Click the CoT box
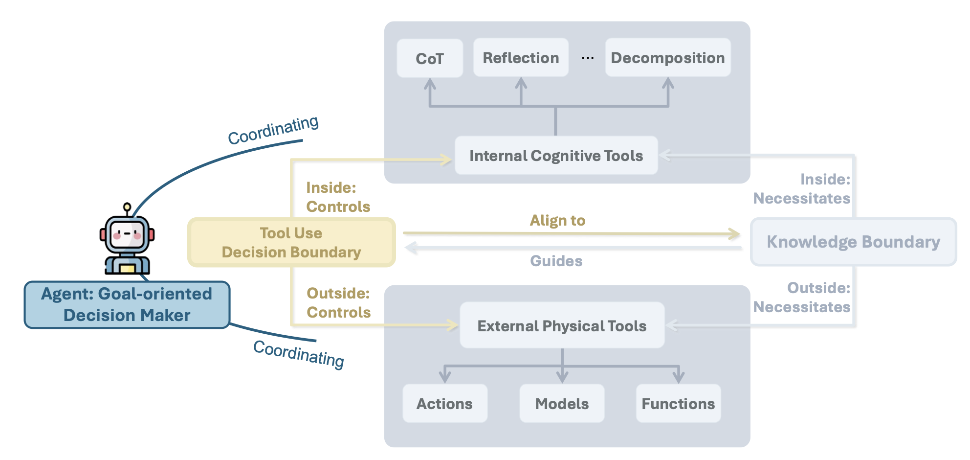pyautogui.click(x=430, y=58)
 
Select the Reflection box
pyautogui.click(x=521, y=58)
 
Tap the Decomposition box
pyautogui.click(x=668, y=58)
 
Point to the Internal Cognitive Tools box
pyautogui.click(x=556, y=156)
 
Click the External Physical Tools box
pyautogui.click(x=562, y=325)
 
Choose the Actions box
pyautogui.click(x=444, y=403)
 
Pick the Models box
pyautogui.click(x=562, y=403)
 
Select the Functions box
pyautogui.click(x=678, y=403)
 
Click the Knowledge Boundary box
pyautogui.click(x=853, y=242)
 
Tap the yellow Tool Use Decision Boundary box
pyautogui.click(x=291, y=242)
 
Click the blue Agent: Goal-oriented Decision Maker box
pyautogui.click(x=127, y=304)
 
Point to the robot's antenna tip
pyautogui.click(x=127, y=207)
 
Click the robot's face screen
pyautogui.click(x=127, y=234)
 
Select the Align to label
pyautogui.click(x=557, y=220)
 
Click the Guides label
pyautogui.click(x=556, y=261)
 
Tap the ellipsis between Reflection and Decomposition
pyautogui.click(x=588, y=58)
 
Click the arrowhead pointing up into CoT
pyautogui.click(x=430, y=84)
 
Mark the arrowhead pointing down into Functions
pyautogui.click(x=678, y=377)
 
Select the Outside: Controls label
pyautogui.click(x=338, y=302)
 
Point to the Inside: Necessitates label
pyautogui.click(x=802, y=188)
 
